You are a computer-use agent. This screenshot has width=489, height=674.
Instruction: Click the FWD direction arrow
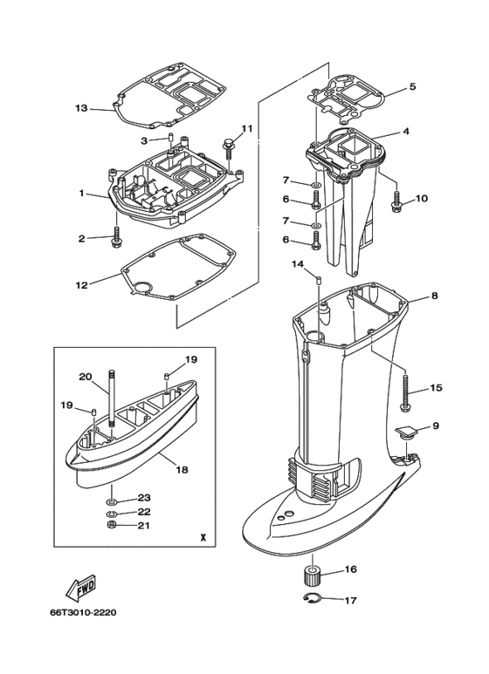click(x=81, y=589)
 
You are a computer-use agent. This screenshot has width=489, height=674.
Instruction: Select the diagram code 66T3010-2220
click(x=83, y=612)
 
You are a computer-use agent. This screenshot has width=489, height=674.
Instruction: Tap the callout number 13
click(x=81, y=108)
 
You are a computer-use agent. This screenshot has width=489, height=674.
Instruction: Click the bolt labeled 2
click(x=115, y=237)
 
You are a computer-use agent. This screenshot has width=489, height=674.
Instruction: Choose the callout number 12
click(x=82, y=285)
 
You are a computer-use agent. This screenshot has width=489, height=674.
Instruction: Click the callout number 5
click(x=413, y=86)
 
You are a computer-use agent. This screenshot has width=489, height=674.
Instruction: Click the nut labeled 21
click(x=112, y=525)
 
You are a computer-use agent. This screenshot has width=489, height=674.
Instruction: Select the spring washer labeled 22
click(x=112, y=514)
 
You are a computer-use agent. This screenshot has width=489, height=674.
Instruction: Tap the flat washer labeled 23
click(x=112, y=501)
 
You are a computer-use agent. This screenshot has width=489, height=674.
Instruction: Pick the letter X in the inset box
click(x=203, y=537)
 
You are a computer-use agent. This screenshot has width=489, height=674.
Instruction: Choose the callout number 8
click(x=434, y=296)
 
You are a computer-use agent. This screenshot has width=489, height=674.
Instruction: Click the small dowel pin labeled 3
click(x=169, y=139)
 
